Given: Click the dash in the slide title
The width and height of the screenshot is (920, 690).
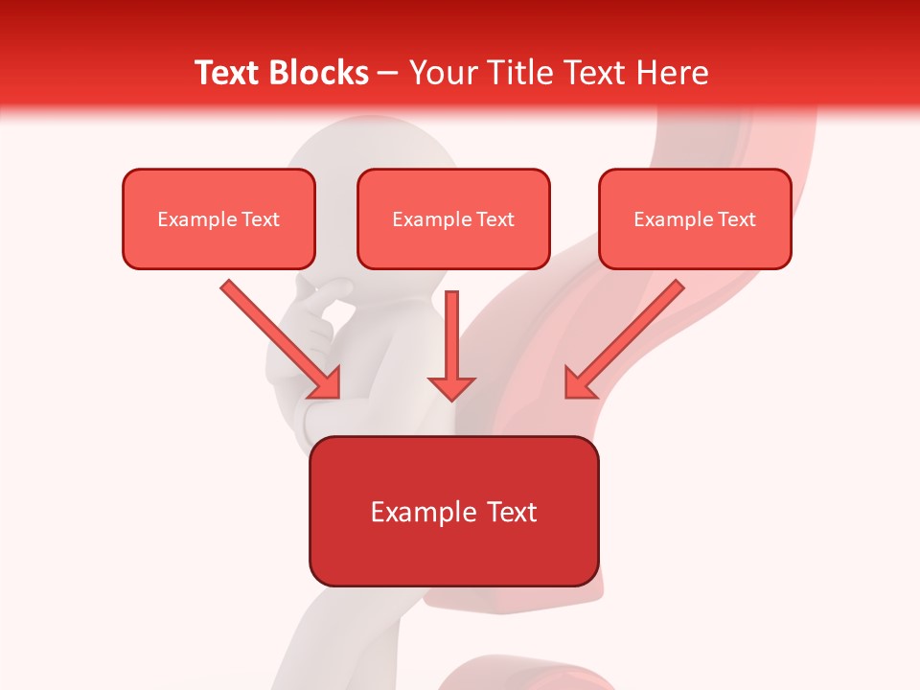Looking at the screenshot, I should pyautogui.click(x=388, y=74).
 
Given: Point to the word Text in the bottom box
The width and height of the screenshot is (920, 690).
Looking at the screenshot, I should pyautogui.click(x=511, y=513).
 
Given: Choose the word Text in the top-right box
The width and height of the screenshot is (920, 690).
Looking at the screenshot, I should pyautogui.click(x=737, y=219).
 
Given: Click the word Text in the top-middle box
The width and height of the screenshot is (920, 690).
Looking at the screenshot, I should pyautogui.click(x=495, y=219).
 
